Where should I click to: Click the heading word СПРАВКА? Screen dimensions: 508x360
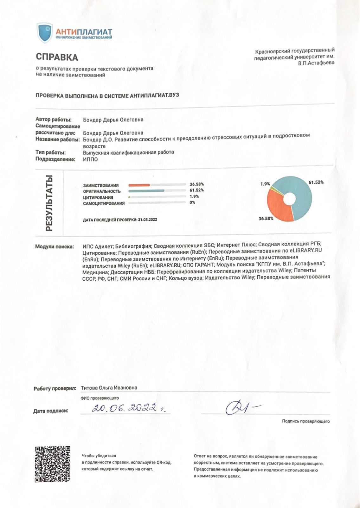pyautogui.click(x=57, y=57)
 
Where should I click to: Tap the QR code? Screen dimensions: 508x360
pyautogui.click(x=52, y=464)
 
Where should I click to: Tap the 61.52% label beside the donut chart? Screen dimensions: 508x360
pyautogui.click(x=316, y=182)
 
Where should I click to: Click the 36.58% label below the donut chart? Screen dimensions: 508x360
pyautogui.click(x=266, y=218)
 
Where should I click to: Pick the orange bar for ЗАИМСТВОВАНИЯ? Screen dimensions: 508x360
pyautogui.click(x=139, y=185)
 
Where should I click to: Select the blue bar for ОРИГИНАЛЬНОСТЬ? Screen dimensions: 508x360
pyautogui.click(x=146, y=191)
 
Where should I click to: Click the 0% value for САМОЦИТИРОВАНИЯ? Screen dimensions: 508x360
pyautogui.click(x=192, y=202)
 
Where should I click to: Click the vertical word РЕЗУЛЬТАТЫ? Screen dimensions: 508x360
pyautogui.click(x=49, y=203)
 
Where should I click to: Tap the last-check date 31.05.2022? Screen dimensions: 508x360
pyautogui.click(x=147, y=219)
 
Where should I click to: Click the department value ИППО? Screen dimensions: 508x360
pyautogui.click(x=90, y=159)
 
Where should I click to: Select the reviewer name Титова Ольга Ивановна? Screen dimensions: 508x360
pyautogui.click(x=109, y=388)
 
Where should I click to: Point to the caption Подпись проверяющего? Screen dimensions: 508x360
pyautogui.click(x=306, y=421)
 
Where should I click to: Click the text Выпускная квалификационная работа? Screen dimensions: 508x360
pyautogui.click(x=128, y=152)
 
